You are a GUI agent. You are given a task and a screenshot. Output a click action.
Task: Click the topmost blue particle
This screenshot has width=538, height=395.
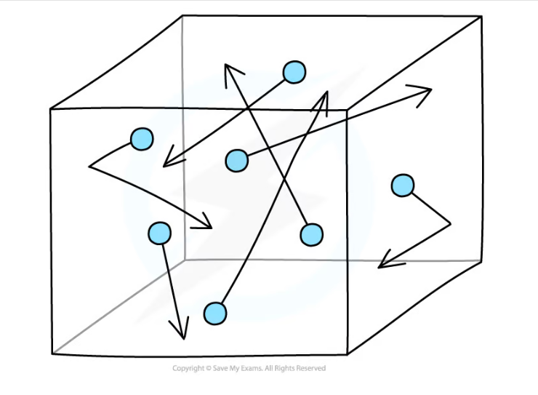pos(294,72)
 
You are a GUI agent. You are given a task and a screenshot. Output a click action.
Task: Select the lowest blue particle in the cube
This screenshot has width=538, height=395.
pos(215,314)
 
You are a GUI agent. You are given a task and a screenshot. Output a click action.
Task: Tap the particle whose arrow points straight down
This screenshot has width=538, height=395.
pos(159,233)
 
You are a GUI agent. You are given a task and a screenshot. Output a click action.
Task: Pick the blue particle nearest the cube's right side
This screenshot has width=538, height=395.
pos(403,185)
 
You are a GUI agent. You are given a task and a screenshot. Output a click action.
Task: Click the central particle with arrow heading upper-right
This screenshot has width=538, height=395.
pos(237,160)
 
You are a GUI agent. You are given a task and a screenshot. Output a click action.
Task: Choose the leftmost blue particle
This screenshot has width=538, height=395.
pos(142,139)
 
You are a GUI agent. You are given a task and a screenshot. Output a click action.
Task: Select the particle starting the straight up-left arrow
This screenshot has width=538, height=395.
pos(312,235)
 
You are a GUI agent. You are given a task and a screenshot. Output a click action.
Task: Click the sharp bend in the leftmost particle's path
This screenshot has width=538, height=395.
pos(89,167)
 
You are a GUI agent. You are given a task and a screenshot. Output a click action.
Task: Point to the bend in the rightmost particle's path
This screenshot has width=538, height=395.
pos(450,224)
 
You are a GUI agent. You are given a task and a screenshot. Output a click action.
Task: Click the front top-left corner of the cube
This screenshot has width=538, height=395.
pos(51,109)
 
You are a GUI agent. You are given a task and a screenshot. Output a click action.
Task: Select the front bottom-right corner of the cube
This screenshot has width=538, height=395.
pos(348,354)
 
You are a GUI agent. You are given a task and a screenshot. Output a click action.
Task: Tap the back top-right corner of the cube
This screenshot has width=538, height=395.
pos(481,16)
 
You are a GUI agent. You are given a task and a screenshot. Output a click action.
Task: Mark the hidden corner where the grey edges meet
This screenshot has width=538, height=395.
pos(184,260)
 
